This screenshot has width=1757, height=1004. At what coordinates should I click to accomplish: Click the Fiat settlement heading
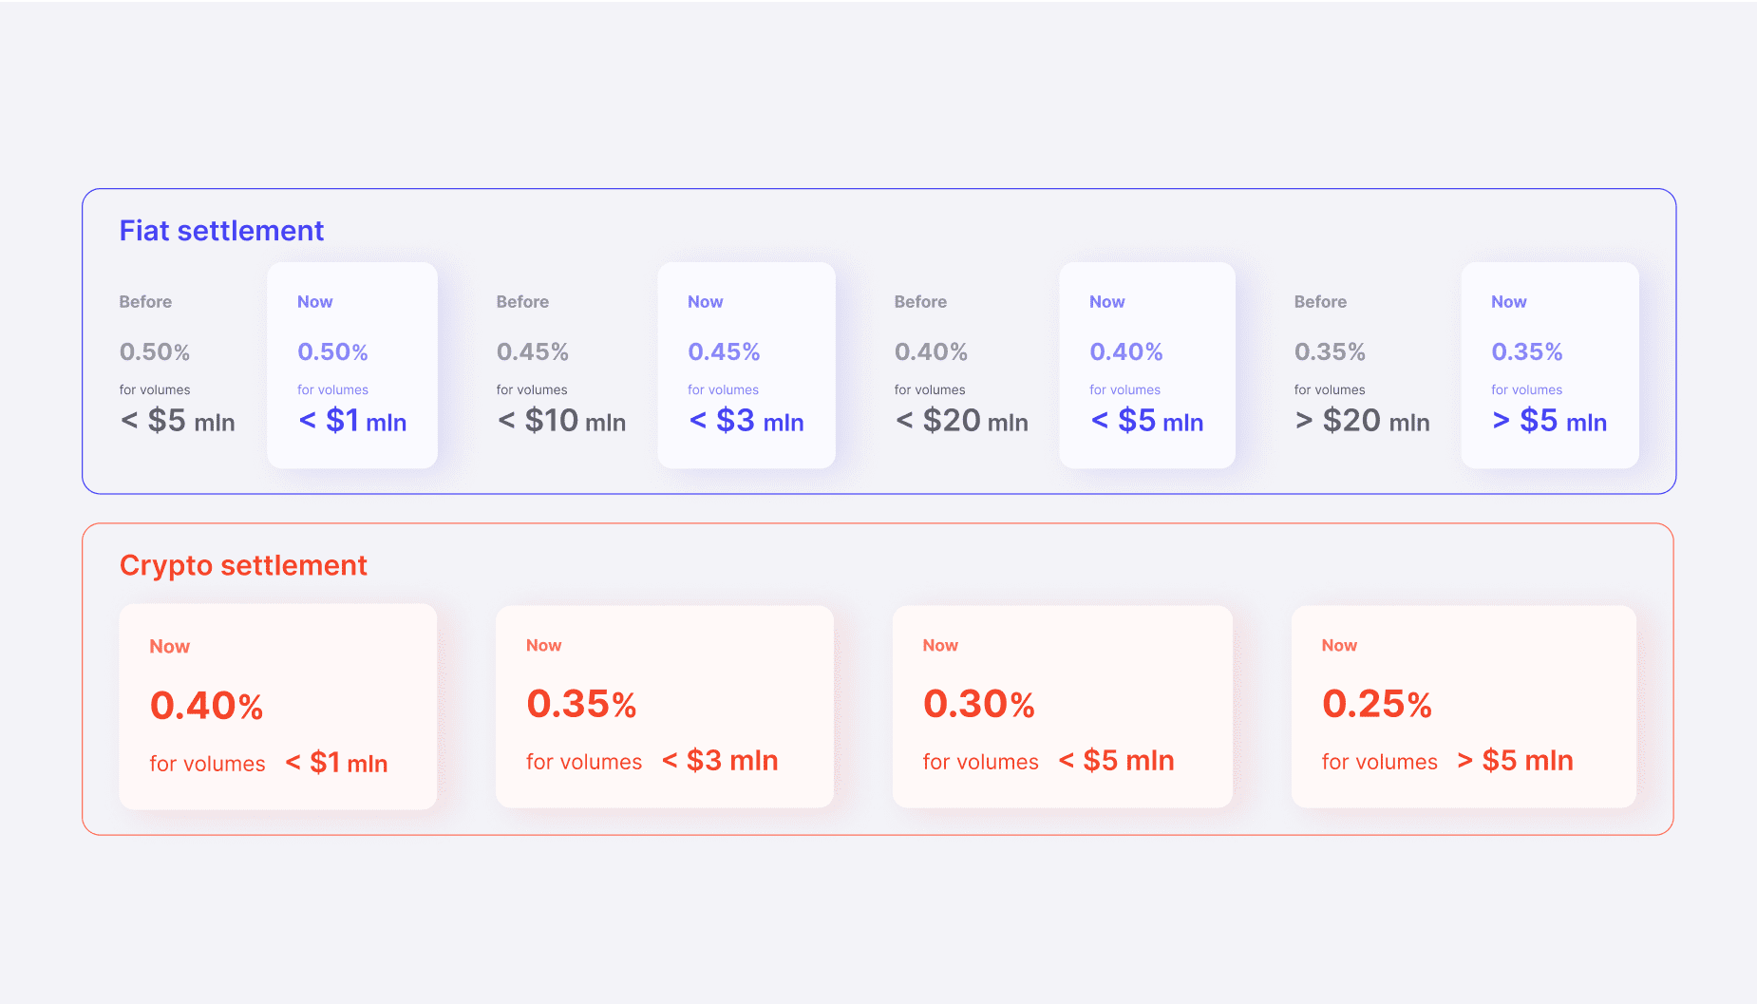coord(221,231)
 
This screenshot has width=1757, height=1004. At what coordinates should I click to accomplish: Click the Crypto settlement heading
coord(243,565)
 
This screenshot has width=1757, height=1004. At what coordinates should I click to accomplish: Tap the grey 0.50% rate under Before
coord(155,352)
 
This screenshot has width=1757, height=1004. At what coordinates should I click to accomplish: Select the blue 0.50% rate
coord(332,352)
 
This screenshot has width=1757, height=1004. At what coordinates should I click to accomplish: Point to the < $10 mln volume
coord(561,421)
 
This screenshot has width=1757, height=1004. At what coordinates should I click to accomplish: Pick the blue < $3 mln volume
coord(746,421)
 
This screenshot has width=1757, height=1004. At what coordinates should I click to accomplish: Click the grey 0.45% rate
coord(533,352)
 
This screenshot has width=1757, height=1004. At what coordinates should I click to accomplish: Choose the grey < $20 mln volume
coord(961,421)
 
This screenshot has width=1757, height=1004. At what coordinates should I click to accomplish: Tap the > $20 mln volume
coord(1362,421)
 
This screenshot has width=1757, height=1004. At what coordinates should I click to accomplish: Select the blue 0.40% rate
coord(1126,352)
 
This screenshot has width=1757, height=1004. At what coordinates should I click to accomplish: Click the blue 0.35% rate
coord(1527,352)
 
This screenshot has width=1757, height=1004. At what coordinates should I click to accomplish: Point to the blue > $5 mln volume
coord(1549,421)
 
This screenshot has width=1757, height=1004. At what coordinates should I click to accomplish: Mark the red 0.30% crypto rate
coord(979,704)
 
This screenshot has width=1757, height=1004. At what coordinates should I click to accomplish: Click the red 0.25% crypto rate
coord(1377,704)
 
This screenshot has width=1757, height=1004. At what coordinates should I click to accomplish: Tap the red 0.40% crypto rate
coord(207,706)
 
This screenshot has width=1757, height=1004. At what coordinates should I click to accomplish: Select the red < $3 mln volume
coord(720,761)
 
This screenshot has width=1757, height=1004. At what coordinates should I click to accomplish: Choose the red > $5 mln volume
coord(1515,761)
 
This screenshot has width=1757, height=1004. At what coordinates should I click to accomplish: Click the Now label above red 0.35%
coord(544,646)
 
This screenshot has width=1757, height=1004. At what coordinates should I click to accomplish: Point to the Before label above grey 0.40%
coord(920,302)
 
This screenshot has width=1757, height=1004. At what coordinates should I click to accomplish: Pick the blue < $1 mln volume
coord(352,421)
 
